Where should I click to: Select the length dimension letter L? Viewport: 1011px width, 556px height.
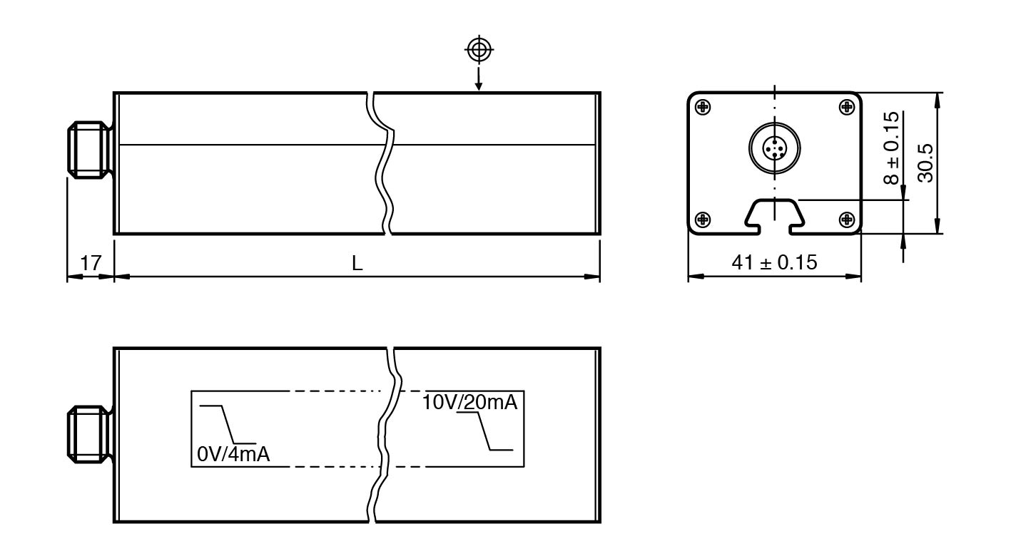pos(357,263)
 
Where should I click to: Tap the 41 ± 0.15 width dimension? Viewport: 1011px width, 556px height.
pos(774,262)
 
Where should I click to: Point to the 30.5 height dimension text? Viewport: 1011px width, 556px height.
pos(925,162)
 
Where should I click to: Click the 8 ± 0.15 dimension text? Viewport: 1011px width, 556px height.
pos(891,148)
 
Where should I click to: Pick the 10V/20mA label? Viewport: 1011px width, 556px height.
pos(469,402)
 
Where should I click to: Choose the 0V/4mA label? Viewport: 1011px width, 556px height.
pos(233,453)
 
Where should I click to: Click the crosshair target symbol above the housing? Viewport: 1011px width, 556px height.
pos(479,49)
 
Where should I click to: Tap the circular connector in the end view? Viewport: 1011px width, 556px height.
pos(774,148)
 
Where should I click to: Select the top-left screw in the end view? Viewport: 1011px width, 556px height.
pos(703,107)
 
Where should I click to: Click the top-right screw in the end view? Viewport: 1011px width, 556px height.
pos(846,107)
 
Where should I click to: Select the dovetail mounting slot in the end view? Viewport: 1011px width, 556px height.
pos(774,214)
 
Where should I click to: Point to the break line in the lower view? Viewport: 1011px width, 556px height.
pos(384,435)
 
